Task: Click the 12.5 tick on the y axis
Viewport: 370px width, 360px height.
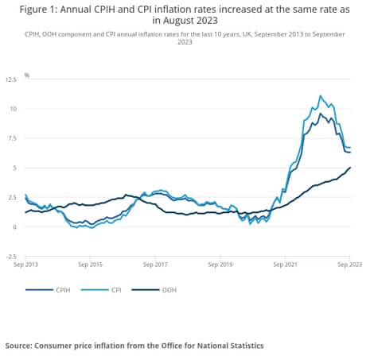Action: (11, 79)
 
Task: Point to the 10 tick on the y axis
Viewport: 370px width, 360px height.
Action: (13, 109)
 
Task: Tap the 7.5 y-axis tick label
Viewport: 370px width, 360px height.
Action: (12, 138)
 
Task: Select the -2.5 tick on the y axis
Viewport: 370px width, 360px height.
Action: (11, 257)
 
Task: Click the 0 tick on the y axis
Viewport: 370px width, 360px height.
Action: (14, 227)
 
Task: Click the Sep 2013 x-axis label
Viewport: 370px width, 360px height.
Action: (26, 263)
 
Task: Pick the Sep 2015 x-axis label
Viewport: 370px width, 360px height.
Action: (91, 263)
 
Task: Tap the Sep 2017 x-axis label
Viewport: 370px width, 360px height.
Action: (156, 263)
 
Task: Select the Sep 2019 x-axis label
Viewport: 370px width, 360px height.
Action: (220, 263)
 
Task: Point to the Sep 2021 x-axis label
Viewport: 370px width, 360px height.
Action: (286, 263)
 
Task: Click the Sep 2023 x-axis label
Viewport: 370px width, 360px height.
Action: (350, 263)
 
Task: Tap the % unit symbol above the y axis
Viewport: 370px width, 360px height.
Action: (26, 75)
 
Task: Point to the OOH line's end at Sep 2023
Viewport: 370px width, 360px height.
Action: (350, 168)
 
